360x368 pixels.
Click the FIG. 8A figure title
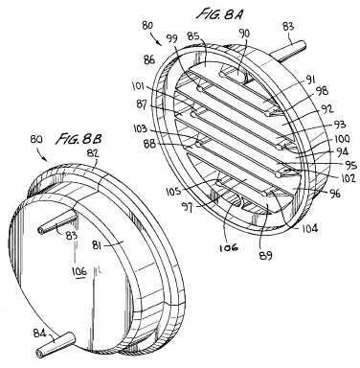(219, 13)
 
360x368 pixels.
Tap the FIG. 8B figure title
(79, 139)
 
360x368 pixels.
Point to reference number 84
(40, 333)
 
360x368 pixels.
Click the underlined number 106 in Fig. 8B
(79, 271)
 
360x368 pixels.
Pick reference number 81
(99, 245)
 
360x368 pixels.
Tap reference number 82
(93, 153)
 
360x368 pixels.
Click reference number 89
(265, 255)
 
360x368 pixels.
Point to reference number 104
(309, 228)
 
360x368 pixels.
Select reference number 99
(172, 39)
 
